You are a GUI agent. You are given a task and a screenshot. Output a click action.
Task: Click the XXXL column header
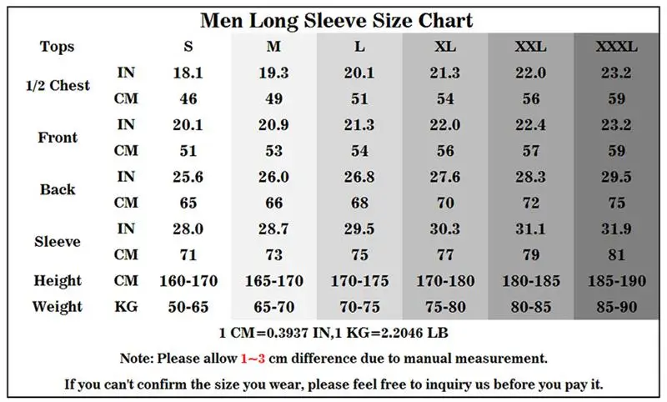pyautogui.click(x=616, y=47)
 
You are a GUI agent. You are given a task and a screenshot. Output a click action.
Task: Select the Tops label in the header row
pyautogui.click(x=57, y=47)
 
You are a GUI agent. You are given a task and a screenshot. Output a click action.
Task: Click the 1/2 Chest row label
pyautogui.click(x=58, y=86)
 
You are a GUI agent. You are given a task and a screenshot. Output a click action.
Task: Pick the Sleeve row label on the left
pyautogui.click(x=58, y=242)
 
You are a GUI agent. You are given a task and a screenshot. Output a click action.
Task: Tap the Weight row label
pyautogui.click(x=58, y=307)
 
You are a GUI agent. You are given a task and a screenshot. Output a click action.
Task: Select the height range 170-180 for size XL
pyautogui.click(x=445, y=281)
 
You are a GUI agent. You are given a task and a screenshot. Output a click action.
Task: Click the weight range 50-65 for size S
pyautogui.click(x=188, y=307)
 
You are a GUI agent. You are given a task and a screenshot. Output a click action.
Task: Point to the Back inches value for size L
pyautogui.click(x=359, y=177)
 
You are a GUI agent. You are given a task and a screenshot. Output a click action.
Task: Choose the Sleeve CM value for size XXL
pyautogui.click(x=531, y=255)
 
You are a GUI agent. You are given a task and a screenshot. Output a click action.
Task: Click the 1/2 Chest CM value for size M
pyautogui.click(x=274, y=98)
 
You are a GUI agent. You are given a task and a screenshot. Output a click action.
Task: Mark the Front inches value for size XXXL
pyautogui.click(x=616, y=125)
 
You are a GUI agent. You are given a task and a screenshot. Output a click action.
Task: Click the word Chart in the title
pyautogui.click(x=445, y=20)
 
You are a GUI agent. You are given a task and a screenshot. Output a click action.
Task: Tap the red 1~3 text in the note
pyautogui.click(x=253, y=358)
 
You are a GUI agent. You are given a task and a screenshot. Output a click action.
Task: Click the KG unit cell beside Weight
pyautogui.click(x=126, y=307)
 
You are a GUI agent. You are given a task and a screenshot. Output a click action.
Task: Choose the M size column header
pyautogui.click(x=274, y=47)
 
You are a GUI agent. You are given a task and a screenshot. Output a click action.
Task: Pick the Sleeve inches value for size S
pyautogui.click(x=188, y=229)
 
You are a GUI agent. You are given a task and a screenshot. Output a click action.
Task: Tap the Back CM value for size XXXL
pyautogui.click(x=616, y=203)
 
